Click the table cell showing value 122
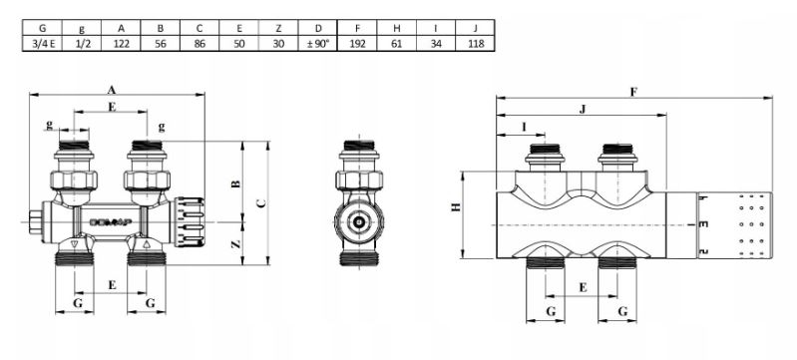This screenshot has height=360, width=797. tap(121, 43)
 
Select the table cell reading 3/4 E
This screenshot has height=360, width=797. tap(42, 43)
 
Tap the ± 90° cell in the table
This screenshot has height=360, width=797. tap(318, 43)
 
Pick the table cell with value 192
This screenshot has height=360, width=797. tap(357, 43)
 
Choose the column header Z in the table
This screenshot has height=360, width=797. tap(278, 28)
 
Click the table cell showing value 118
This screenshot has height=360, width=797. tap(475, 43)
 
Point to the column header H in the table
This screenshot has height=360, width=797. tap(397, 28)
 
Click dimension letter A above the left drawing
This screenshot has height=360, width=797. tap(112, 90)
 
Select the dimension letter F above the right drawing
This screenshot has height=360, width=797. tap(633, 92)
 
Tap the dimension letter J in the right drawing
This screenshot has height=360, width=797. tap(583, 109)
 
